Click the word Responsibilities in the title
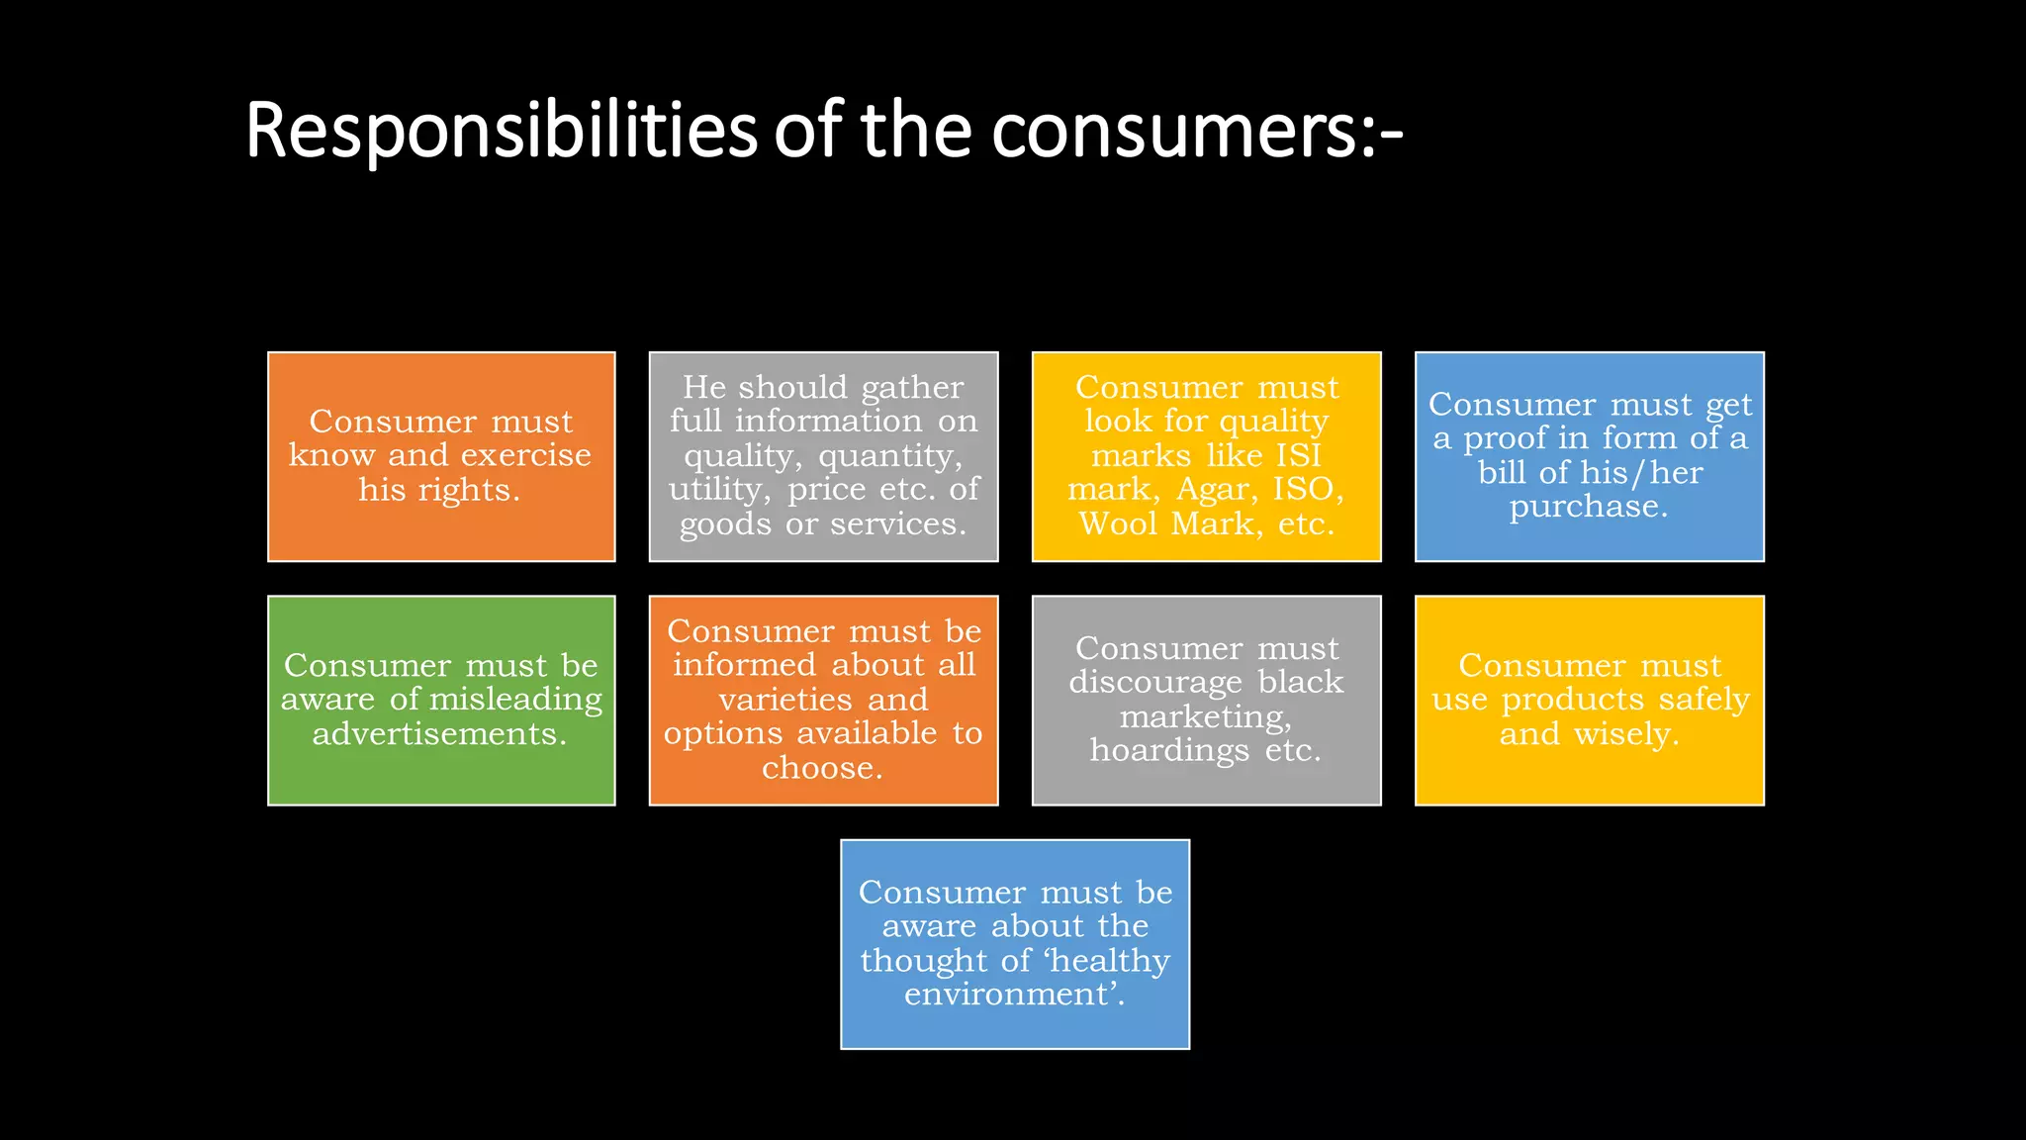click(x=501, y=131)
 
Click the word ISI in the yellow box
click(x=1298, y=455)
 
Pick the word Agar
click(x=1216, y=489)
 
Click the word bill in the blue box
click(x=1503, y=472)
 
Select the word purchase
click(x=1587, y=507)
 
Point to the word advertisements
click(x=439, y=734)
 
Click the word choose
click(x=821, y=768)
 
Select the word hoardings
click(x=1169, y=751)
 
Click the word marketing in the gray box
click(x=1204, y=716)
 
